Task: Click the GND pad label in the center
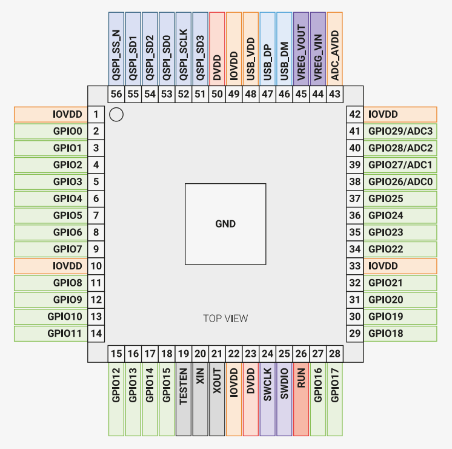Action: tap(225, 224)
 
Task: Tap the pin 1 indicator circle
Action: tap(116, 114)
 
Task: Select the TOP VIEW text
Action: tap(225, 318)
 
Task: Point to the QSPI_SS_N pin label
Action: tap(116, 48)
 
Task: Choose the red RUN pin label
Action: tap(301, 400)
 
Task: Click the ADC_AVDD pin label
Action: tap(334, 48)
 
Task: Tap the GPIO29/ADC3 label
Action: tap(400, 131)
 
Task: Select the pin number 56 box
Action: tap(116, 94)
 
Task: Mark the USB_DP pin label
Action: tap(267, 48)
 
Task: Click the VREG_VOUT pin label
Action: tap(301, 48)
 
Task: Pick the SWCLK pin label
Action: tap(267, 400)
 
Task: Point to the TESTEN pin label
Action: tap(184, 400)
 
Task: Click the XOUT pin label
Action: tap(217, 400)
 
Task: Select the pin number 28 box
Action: tap(334, 354)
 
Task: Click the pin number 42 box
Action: tap(355, 114)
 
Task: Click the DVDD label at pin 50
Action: tap(217, 48)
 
